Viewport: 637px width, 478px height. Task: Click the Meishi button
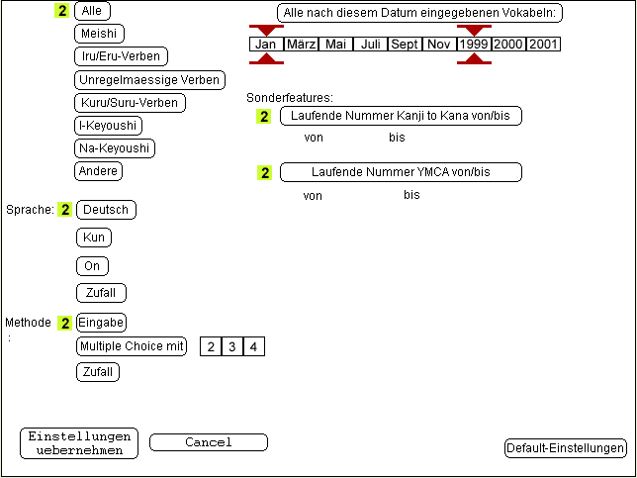100,34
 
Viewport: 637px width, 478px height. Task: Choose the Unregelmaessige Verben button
149,80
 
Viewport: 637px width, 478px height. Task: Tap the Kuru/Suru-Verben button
130,102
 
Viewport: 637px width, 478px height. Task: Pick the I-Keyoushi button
109,126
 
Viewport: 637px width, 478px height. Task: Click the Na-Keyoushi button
115,148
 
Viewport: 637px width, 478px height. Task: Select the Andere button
99,171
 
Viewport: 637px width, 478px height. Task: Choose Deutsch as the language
106,210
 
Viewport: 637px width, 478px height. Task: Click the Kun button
94,238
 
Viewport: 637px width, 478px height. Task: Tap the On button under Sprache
92,265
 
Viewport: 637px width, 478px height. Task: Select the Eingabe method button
101,323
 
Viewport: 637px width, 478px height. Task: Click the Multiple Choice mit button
131,346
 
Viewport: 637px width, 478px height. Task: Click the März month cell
302,45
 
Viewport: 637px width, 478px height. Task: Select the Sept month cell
404,45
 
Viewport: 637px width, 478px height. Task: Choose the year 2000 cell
508,45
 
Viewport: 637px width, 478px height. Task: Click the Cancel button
209,442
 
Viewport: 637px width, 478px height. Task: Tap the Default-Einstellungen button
565,448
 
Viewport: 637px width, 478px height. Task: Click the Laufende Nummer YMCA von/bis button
401,172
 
